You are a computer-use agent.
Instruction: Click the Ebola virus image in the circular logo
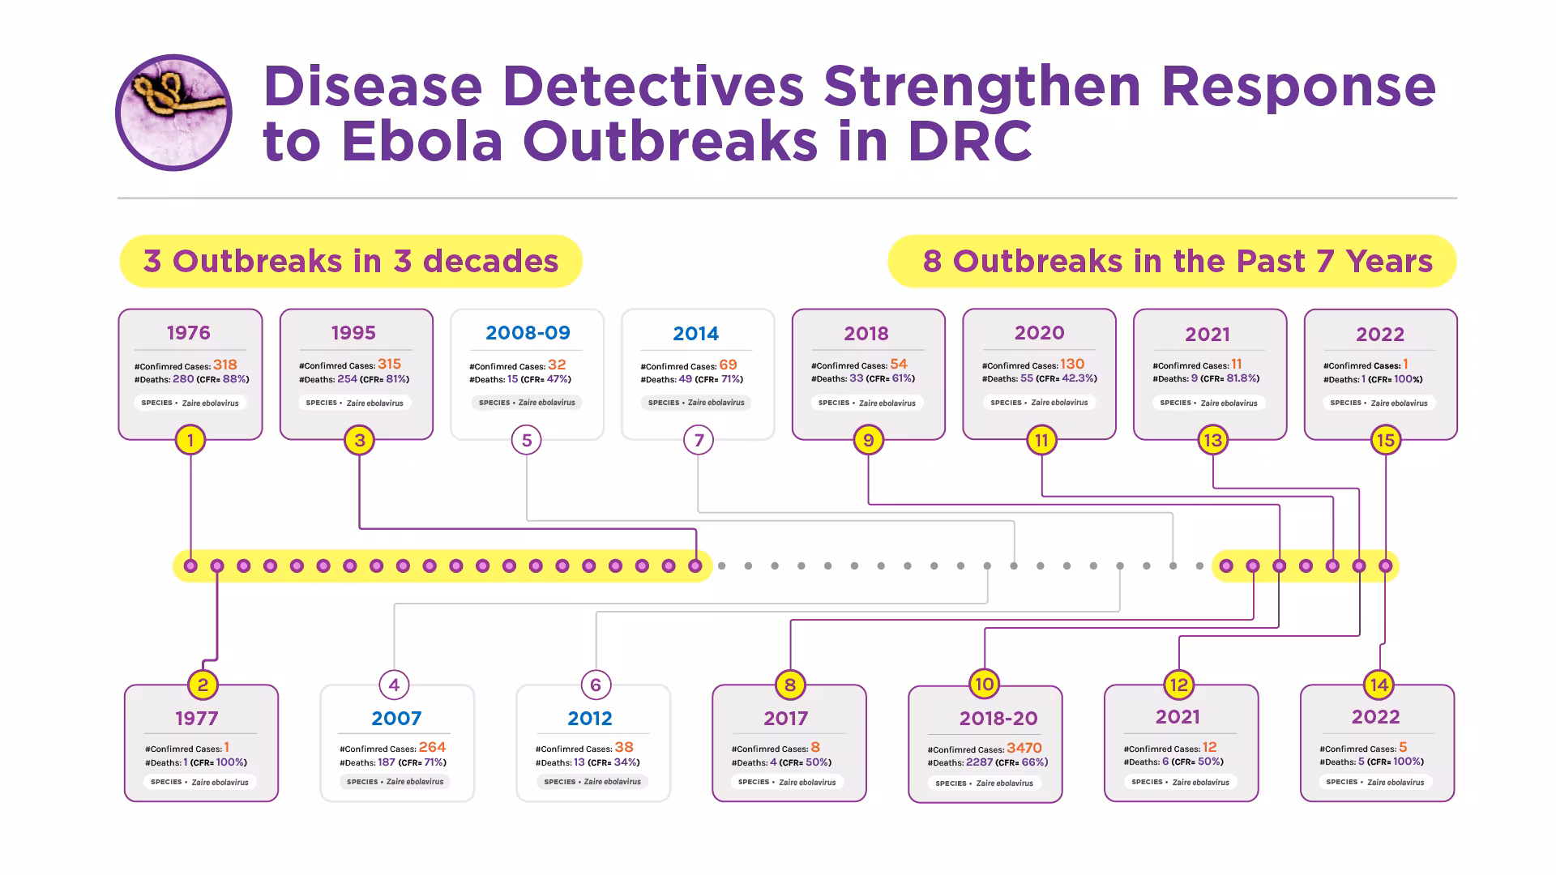pos(173,113)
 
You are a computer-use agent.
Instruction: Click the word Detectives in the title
pos(653,86)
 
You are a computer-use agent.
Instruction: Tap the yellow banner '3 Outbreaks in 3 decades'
pos(351,262)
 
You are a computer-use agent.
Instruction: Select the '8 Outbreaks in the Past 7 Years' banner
pos(1173,262)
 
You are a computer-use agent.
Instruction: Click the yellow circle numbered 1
pos(190,440)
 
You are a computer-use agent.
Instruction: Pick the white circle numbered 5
pos(527,440)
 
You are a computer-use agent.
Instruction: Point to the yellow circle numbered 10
pos(984,684)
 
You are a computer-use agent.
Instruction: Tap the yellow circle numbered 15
pos(1385,440)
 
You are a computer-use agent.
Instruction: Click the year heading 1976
pos(188,333)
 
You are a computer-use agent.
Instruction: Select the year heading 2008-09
pos(528,333)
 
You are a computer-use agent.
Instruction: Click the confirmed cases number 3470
pos(1024,748)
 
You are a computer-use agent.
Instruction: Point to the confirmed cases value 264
pos(432,747)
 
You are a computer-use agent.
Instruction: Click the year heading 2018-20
pos(998,718)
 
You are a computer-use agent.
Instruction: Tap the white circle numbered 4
pos(394,685)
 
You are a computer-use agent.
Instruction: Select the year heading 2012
pos(589,719)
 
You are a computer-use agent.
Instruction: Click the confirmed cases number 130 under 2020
pos(1071,365)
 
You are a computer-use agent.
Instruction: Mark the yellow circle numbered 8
pos(790,685)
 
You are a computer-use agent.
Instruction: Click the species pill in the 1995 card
pos(355,403)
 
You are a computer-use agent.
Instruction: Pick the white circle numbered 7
pos(699,440)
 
